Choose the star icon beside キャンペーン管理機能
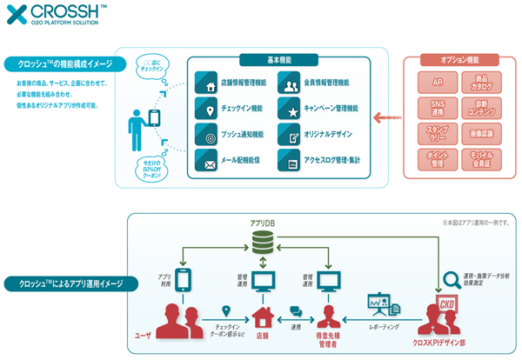coord(290,110)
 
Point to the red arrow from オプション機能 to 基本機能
coord(382,117)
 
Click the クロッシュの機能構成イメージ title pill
coord(64,63)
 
